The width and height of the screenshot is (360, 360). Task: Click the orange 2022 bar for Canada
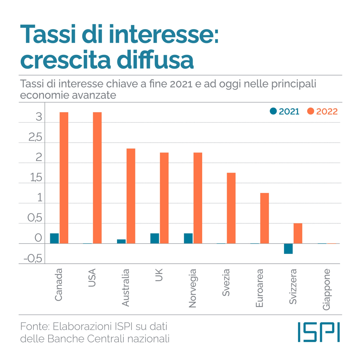(64, 178)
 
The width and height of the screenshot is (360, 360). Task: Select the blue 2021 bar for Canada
(54, 238)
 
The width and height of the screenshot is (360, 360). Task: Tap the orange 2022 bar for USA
(97, 178)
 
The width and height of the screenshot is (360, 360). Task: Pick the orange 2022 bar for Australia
(131, 196)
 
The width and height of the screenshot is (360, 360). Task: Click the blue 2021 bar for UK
(155, 238)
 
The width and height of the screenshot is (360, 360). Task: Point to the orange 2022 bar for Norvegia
(198, 198)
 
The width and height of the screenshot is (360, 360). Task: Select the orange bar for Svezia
(231, 208)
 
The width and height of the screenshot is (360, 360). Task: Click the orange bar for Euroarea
(264, 218)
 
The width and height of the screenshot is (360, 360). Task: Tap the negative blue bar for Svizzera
(288, 249)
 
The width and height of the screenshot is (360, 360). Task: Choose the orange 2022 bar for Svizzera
(298, 233)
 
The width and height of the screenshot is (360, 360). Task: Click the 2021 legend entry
(284, 111)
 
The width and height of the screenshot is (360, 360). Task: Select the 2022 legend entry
(322, 111)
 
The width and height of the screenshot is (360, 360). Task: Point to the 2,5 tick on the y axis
(36, 138)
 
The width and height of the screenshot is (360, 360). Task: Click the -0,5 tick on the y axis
(33, 259)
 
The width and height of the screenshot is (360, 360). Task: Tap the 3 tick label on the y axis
(38, 117)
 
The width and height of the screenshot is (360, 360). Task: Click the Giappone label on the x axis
(327, 289)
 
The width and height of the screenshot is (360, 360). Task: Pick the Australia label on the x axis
(126, 287)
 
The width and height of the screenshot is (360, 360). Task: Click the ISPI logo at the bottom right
(319, 332)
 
